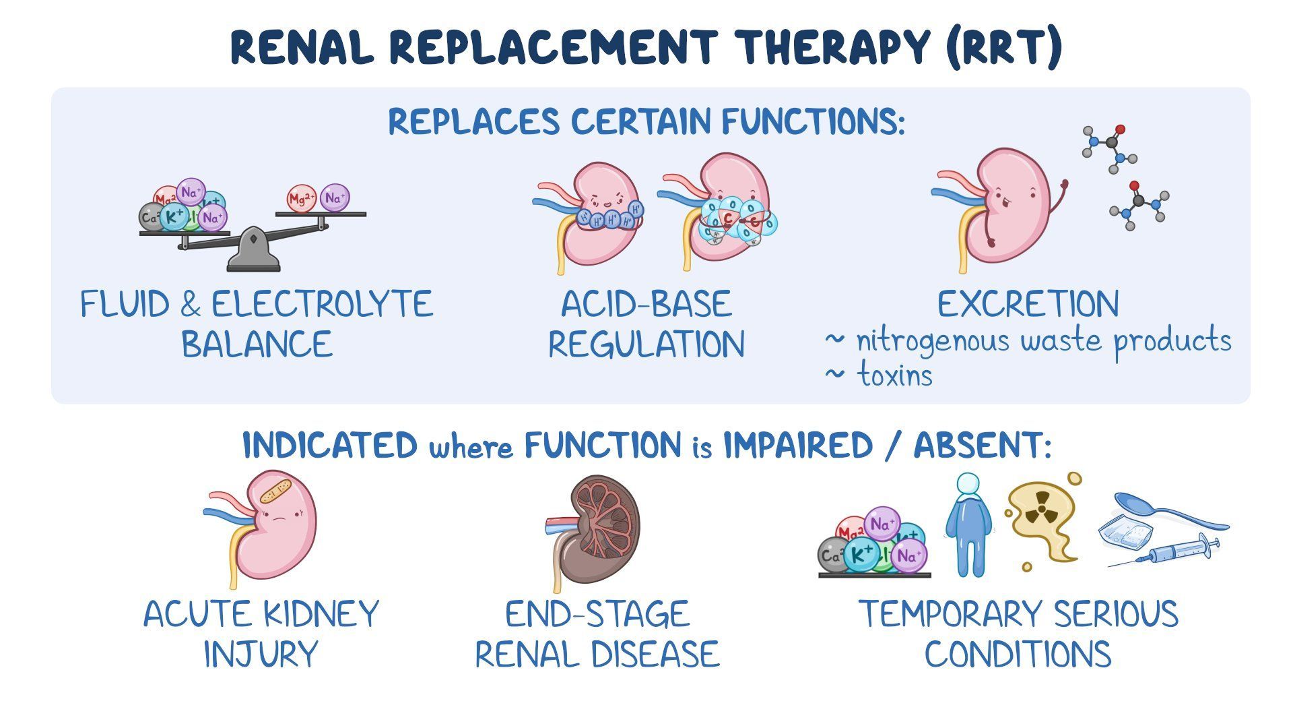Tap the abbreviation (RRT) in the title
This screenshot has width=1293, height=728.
1003,47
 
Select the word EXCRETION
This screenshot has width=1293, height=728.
1028,305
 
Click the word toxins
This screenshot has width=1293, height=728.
895,375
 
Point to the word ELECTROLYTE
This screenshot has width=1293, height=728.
322,305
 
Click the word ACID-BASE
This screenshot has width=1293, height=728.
646,305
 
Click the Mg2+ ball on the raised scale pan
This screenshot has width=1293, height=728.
301,199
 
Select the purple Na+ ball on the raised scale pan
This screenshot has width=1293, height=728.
335,198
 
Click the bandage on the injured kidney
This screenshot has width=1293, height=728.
276,492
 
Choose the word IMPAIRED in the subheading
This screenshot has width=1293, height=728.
797,446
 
